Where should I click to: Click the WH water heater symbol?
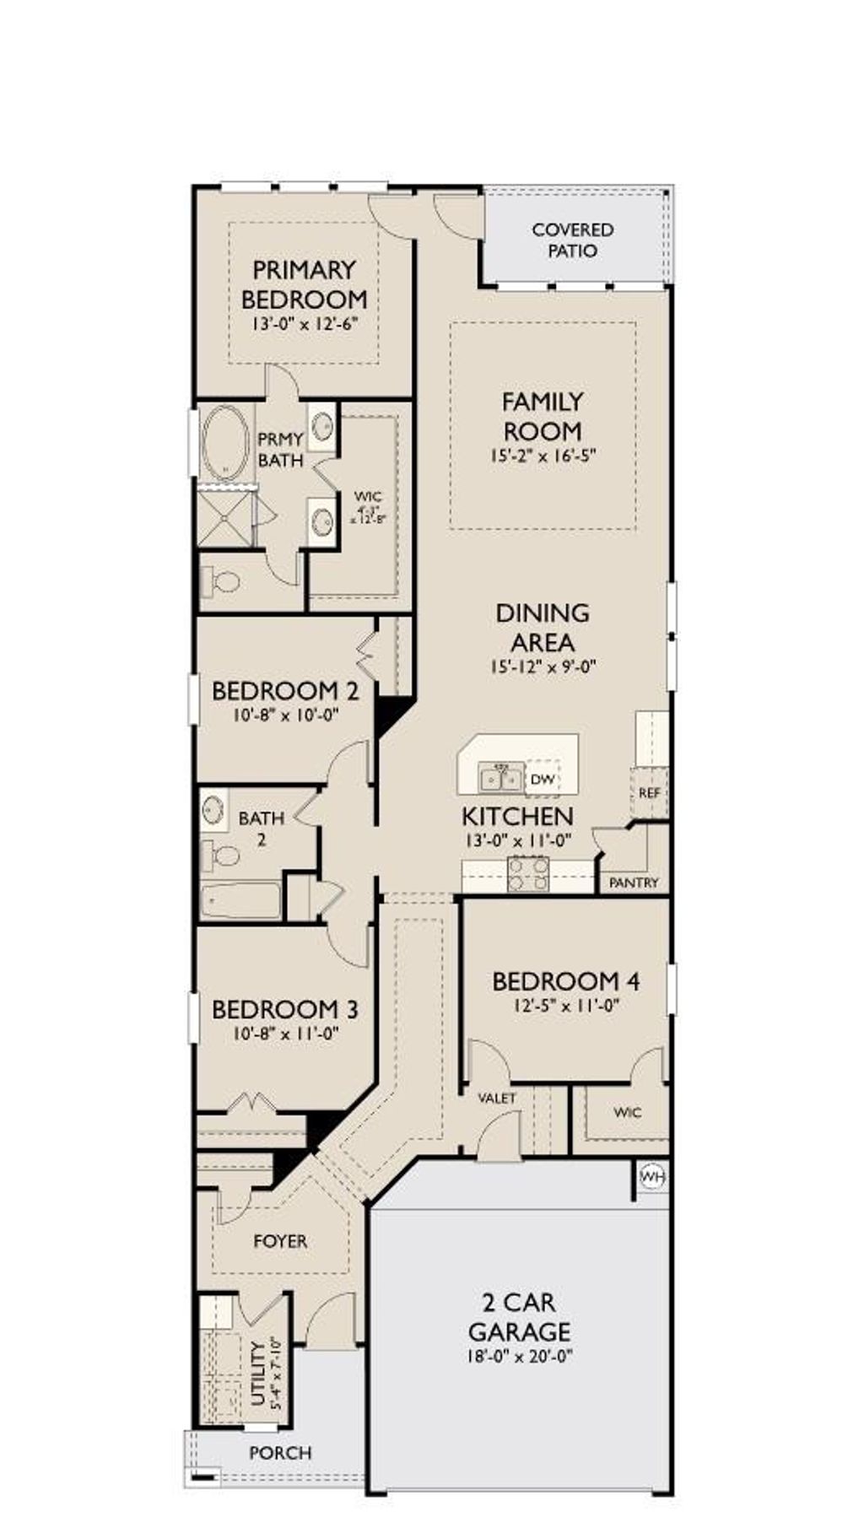pyautogui.click(x=651, y=1176)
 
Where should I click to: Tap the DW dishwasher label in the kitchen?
pyautogui.click(x=543, y=780)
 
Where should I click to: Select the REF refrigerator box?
pyautogui.click(x=649, y=793)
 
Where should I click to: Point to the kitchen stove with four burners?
pyautogui.click(x=528, y=873)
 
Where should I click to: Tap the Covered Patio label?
pyautogui.click(x=573, y=240)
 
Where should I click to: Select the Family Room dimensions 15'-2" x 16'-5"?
pyautogui.click(x=543, y=456)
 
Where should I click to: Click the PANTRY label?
pyautogui.click(x=634, y=883)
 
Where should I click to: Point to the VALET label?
pyautogui.click(x=496, y=1098)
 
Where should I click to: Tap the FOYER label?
pyautogui.click(x=280, y=1241)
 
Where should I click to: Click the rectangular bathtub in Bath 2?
pyautogui.click(x=240, y=901)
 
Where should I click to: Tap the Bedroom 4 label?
pyautogui.click(x=565, y=981)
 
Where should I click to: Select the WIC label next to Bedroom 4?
pyautogui.click(x=627, y=1112)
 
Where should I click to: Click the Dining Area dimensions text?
pyautogui.click(x=543, y=666)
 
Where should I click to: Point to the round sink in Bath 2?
pyautogui.click(x=213, y=810)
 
